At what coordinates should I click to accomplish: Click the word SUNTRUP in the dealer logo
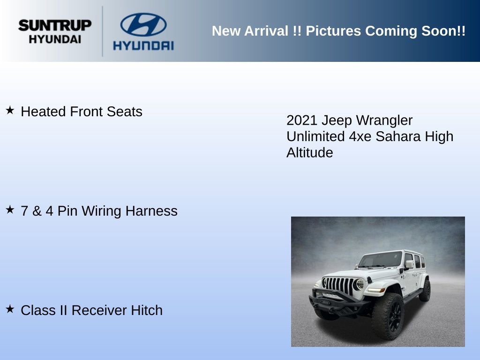55,25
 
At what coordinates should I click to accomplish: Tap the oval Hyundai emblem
143,24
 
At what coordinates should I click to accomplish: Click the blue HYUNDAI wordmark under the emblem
143,45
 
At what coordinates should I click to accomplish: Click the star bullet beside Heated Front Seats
10,111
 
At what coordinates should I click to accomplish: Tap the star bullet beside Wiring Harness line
10,210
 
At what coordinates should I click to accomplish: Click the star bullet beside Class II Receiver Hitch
10,309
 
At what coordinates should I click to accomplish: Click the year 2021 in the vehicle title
302,120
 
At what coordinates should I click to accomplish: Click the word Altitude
309,153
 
